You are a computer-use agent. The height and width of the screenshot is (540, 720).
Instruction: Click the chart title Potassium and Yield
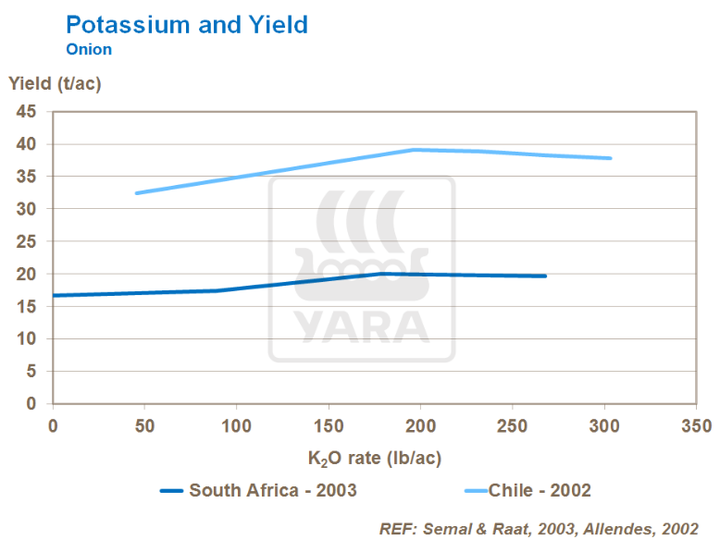(x=187, y=25)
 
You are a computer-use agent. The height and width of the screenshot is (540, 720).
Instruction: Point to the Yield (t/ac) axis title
(x=55, y=83)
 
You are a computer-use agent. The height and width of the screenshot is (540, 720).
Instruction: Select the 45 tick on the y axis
(x=26, y=112)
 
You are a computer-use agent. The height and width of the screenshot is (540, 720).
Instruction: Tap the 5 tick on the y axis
(x=31, y=372)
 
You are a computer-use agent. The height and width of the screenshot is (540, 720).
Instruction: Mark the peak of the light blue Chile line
(x=416, y=149)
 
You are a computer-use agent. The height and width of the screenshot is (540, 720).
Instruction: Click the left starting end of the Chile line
(x=136, y=193)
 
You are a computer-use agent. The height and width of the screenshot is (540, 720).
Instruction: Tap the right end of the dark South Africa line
(x=546, y=276)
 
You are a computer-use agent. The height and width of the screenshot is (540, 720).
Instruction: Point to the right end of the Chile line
(x=611, y=158)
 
